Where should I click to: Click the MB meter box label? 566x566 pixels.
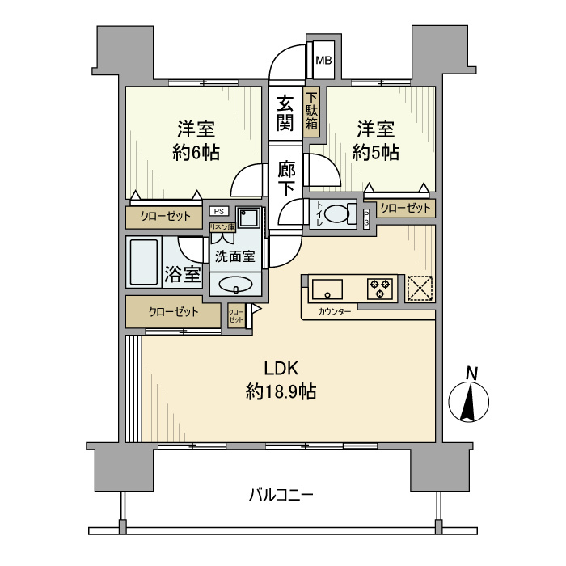point(323,61)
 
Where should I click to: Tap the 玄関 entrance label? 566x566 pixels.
point(285,113)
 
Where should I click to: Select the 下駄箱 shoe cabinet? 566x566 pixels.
point(311,112)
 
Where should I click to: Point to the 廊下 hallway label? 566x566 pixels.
point(286,179)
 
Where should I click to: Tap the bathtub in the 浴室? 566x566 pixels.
point(144,262)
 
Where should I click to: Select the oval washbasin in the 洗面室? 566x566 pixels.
point(235,284)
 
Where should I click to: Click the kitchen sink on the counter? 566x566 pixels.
point(327,289)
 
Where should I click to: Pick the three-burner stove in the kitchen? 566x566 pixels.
point(380,289)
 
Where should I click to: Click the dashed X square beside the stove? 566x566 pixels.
point(420,289)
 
